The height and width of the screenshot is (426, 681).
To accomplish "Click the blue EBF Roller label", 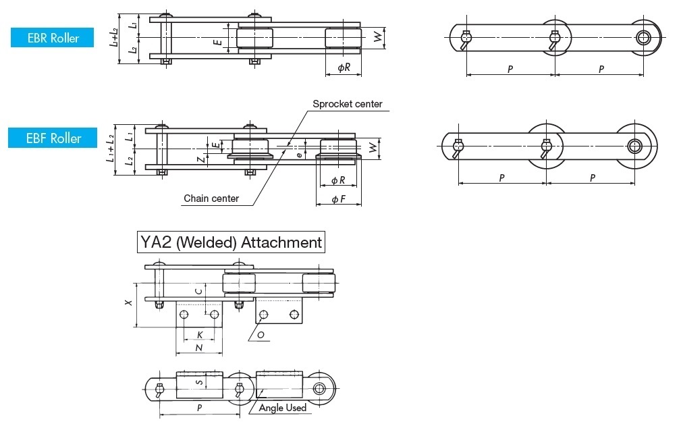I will pyautogui.click(x=54, y=138).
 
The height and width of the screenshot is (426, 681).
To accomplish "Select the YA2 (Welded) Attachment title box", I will pyautogui.click(x=230, y=242).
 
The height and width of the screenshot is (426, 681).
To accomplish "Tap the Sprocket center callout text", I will pyautogui.click(x=347, y=104).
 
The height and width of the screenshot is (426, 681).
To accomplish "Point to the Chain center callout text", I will pyautogui.click(x=211, y=198).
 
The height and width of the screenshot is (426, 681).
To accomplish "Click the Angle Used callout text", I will pyautogui.click(x=283, y=407).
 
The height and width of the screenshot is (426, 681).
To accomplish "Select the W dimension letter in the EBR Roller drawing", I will pyautogui.click(x=377, y=38).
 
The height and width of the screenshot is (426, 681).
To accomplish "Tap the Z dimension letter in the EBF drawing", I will pyautogui.click(x=200, y=159).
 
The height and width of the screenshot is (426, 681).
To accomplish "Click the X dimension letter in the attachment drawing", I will pyautogui.click(x=128, y=303).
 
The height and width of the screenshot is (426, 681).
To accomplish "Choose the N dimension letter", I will pyautogui.click(x=198, y=348).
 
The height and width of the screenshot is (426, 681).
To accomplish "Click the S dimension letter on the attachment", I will pyautogui.click(x=198, y=382).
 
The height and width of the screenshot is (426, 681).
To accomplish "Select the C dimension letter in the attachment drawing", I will pyautogui.click(x=198, y=291).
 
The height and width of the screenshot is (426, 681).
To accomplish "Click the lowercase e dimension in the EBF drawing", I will pyautogui.click(x=300, y=154).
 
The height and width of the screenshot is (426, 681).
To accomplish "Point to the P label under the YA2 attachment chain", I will pyautogui.click(x=199, y=408).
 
